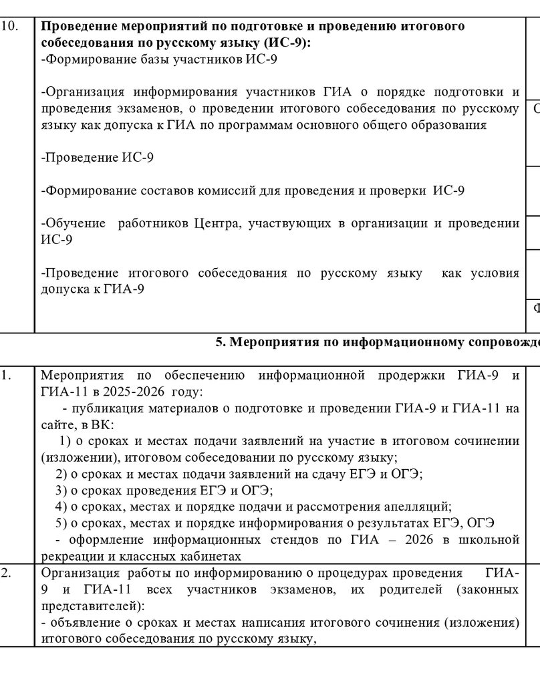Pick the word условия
coord(494,273)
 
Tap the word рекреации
coord(65,555)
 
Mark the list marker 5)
coord(61,522)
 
